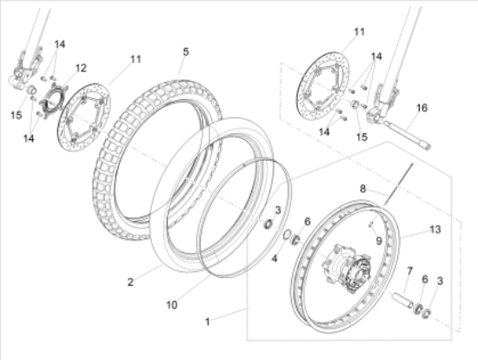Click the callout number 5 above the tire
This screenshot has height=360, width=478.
point(186,52)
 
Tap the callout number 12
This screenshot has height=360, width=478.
point(81,68)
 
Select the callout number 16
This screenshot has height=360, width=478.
point(422,108)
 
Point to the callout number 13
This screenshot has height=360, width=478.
point(435,230)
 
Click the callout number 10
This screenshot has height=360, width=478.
point(171,304)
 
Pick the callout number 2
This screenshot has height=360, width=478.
point(130,283)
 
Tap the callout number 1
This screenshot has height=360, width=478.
point(208,322)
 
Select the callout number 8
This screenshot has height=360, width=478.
point(362,189)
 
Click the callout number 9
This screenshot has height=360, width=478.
point(379,241)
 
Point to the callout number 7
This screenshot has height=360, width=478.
point(409,271)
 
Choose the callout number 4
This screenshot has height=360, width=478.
point(275,259)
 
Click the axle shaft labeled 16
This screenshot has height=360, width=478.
point(407,135)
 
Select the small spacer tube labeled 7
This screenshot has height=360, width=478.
point(402,300)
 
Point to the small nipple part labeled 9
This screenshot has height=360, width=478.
point(371,224)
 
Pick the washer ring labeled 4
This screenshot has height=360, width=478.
point(287,235)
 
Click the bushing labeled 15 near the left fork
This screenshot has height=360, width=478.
point(31,90)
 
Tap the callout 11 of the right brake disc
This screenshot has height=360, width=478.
point(360,31)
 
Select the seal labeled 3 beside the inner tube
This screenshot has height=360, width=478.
point(269,224)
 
